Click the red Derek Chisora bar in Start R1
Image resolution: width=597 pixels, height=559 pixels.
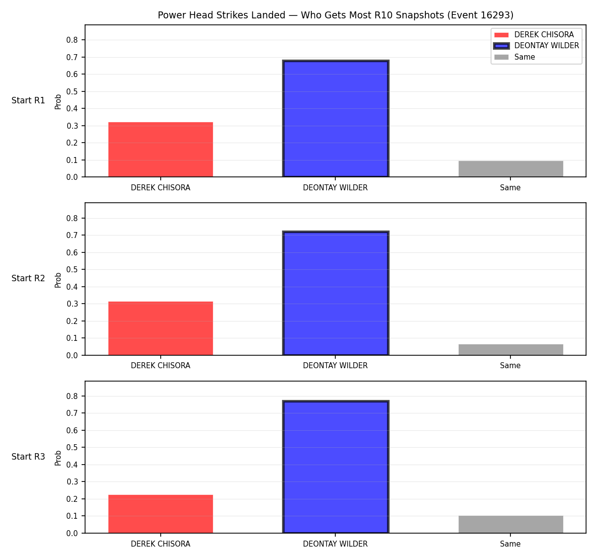(x=161, y=149)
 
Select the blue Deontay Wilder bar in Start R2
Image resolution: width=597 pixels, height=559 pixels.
(x=335, y=293)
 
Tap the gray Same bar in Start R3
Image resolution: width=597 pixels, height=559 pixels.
(x=510, y=524)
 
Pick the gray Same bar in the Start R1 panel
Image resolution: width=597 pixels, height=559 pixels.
(x=510, y=169)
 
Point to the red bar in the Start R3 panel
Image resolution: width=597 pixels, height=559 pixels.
(x=161, y=514)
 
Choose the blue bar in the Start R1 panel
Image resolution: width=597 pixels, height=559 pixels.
(x=335, y=118)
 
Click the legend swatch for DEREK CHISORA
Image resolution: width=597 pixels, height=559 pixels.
(x=501, y=35)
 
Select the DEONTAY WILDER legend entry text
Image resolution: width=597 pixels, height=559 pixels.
(x=546, y=46)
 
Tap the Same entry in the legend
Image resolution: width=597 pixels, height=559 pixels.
(x=524, y=57)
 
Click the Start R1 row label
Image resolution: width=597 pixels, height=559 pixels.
(x=28, y=100)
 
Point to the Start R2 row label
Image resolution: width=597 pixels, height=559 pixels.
(x=28, y=278)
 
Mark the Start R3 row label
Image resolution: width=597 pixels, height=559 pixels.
(x=28, y=457)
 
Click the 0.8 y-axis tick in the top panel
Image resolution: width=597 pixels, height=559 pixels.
(x=72, y=40)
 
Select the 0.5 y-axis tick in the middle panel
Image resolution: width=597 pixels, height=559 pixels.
(x=72, y=270)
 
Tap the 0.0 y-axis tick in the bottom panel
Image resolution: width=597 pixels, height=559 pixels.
(x=72, y=533)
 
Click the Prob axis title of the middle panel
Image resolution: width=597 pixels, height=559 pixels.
(x=58, y=280)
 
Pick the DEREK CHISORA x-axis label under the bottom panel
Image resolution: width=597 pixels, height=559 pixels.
(x=161, y=544)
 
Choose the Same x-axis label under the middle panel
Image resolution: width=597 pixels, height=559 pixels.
(x=510, y=366)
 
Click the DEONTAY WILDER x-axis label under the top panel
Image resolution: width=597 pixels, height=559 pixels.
(x=335, y=188)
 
